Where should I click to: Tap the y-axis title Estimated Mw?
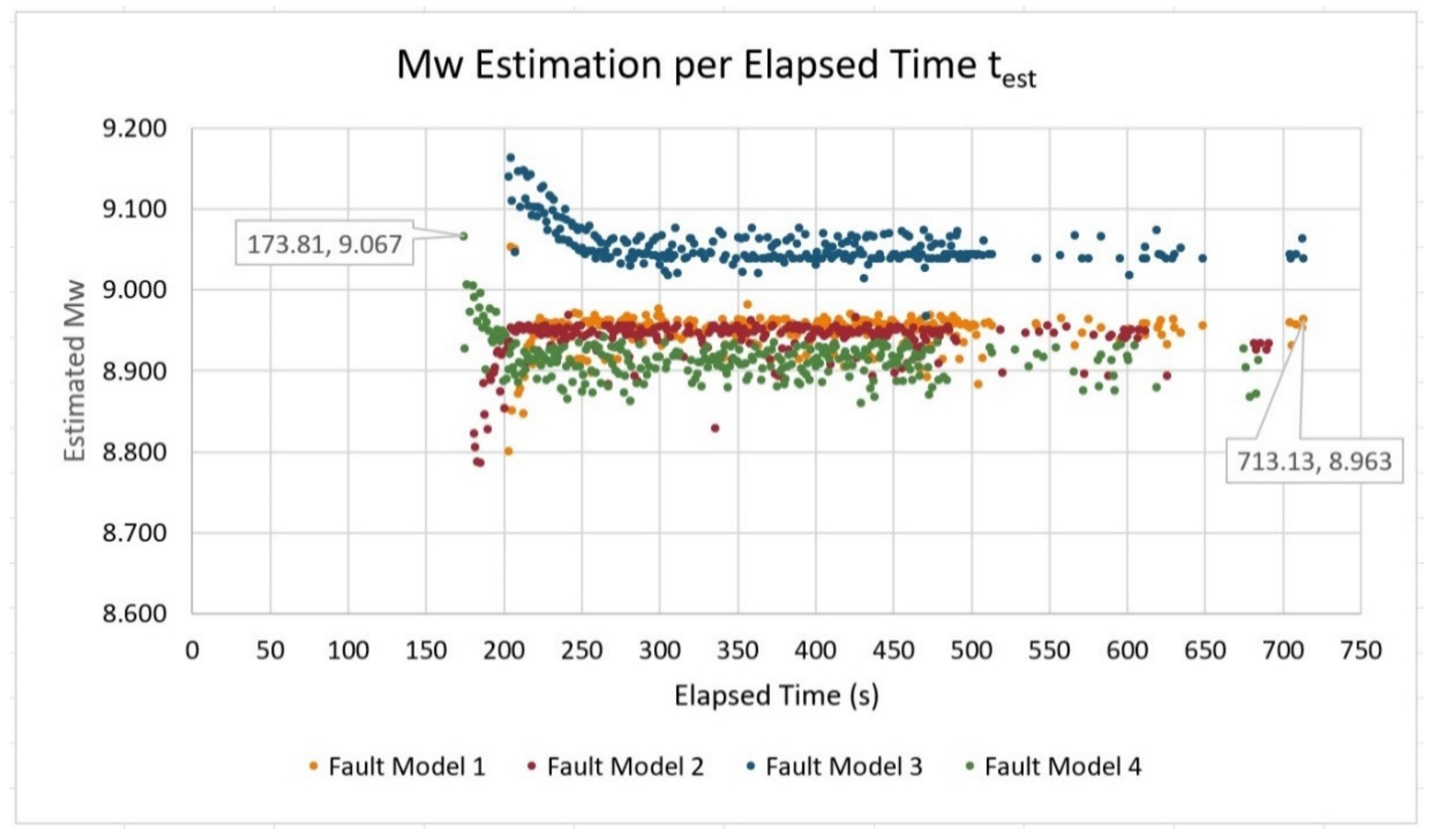click(x=74, y=370)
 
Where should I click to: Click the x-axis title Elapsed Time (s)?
click(x=776, y=695)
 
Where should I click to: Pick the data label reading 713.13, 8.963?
click(x=1314, y=461)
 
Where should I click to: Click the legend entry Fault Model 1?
click(x=406, y=767)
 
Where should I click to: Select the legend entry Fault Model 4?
click(x=1062, y=767)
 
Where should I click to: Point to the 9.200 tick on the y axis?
click(x=135, y=128)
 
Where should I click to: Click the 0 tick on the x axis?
click(x=192, y=650)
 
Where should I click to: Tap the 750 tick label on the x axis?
click(x=1361, y=650)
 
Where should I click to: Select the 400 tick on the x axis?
click(x=815, y=650)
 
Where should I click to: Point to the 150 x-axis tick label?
click(x=426, y=650)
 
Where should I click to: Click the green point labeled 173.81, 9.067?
click(x=463, y=236)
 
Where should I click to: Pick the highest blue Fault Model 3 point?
click(x=511, y=158)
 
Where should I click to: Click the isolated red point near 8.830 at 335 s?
click(x=715, y=428)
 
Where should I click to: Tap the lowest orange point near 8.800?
click(x=508, y=451)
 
